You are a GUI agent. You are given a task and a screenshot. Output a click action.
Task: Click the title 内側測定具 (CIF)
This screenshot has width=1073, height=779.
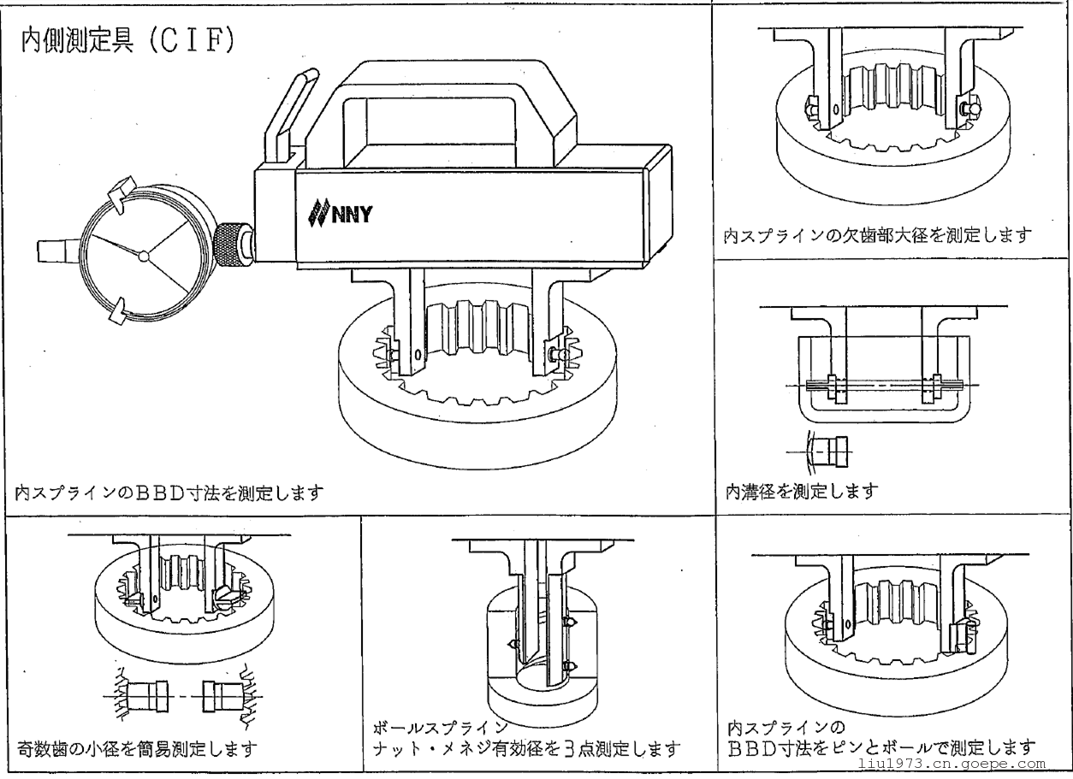(128, 43)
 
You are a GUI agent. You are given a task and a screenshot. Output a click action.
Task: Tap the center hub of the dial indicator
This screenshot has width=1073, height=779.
(144, 254)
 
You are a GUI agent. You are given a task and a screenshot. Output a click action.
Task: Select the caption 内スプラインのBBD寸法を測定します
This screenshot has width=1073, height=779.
(169, 493)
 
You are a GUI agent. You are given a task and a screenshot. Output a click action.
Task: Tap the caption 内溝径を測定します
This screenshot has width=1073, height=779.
(802, 491)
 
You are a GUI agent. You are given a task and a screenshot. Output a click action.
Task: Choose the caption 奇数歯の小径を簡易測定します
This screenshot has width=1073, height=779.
(137, 749)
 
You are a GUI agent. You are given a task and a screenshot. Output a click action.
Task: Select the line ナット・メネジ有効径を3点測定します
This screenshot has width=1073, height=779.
(527, 749)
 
